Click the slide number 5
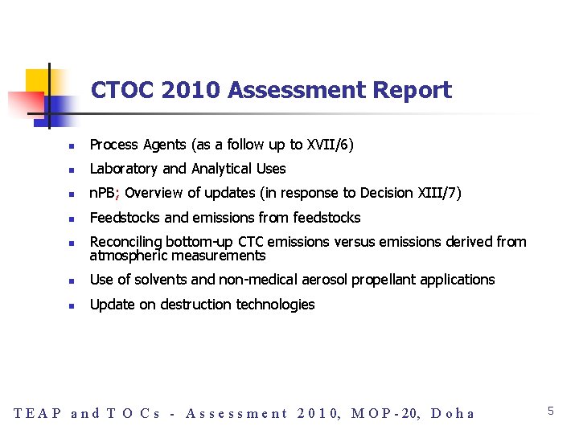pyautogui.click(x=551, y=411)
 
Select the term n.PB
pyautogui.click(x=104, y=193)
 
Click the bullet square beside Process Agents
pyautogui.click(x=72, y=146)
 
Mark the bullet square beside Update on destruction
pyautogui.click(x=72, y=306)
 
